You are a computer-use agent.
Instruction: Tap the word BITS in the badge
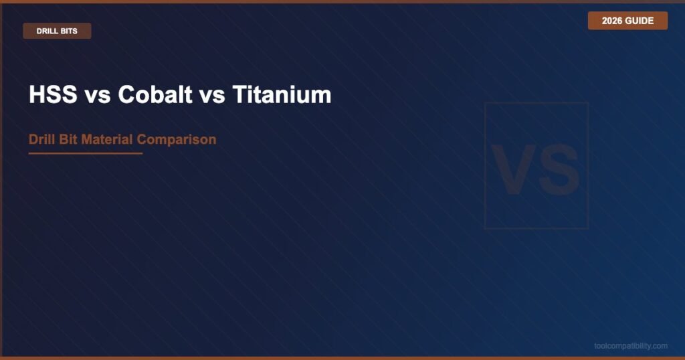tap(69, 31)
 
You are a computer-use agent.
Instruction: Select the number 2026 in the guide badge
tap(611, 21)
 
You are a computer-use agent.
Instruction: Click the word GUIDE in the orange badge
tap(640, 21)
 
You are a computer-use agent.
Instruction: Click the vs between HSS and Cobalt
tap(98, 97)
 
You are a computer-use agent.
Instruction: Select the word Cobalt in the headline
tap(155, 94)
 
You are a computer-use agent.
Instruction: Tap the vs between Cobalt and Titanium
tap(212, 97)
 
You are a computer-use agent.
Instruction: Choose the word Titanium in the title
tap(282, 94)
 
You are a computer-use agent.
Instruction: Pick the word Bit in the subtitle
tap(65, 139)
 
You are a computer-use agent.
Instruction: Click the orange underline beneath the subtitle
tap(86, 153)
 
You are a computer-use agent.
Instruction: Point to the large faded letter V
tap(514, 169)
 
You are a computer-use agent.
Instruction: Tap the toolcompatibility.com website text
tap(631, 346)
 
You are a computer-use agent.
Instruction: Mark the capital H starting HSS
tap(37, 94)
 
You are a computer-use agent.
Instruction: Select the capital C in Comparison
tap(142, 139)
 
